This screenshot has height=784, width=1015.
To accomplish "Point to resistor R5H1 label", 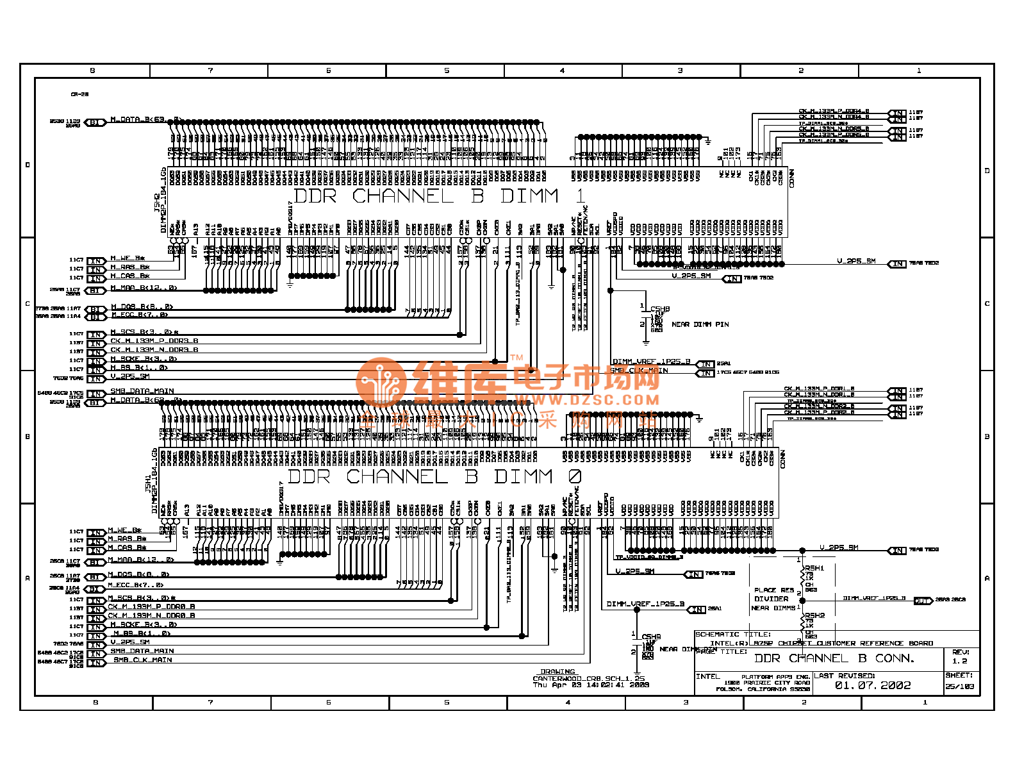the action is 814,568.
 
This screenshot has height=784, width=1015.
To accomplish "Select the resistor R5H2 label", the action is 814,615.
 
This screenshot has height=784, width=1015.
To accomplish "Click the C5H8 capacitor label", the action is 660,309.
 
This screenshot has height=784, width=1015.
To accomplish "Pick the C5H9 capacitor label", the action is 651,637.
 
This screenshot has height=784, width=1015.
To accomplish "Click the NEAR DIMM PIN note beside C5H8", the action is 700,324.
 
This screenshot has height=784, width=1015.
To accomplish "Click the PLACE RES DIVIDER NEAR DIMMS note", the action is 773,599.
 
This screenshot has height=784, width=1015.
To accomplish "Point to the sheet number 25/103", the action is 959,687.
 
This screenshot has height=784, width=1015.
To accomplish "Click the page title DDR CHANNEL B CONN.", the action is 834,658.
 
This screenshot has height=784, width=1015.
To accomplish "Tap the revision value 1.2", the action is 959,661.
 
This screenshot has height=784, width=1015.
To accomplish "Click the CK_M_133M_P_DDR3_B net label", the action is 154,341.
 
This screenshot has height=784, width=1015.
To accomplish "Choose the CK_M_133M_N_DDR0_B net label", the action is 151,615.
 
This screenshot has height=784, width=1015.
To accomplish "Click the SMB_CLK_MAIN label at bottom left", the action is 143,660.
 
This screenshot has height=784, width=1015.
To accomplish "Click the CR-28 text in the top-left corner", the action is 79,94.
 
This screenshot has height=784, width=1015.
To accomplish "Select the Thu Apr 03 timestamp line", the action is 591,685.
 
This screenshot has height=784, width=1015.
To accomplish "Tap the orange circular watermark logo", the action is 382,383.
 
